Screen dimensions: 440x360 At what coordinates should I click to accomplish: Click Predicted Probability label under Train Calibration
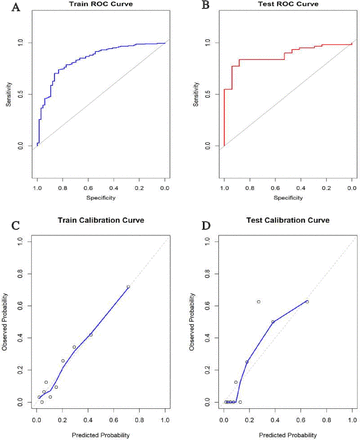point(100,432)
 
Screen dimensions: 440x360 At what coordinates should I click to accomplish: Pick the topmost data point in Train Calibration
point(128,287)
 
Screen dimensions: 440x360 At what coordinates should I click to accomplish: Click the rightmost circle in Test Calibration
point(307,301)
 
